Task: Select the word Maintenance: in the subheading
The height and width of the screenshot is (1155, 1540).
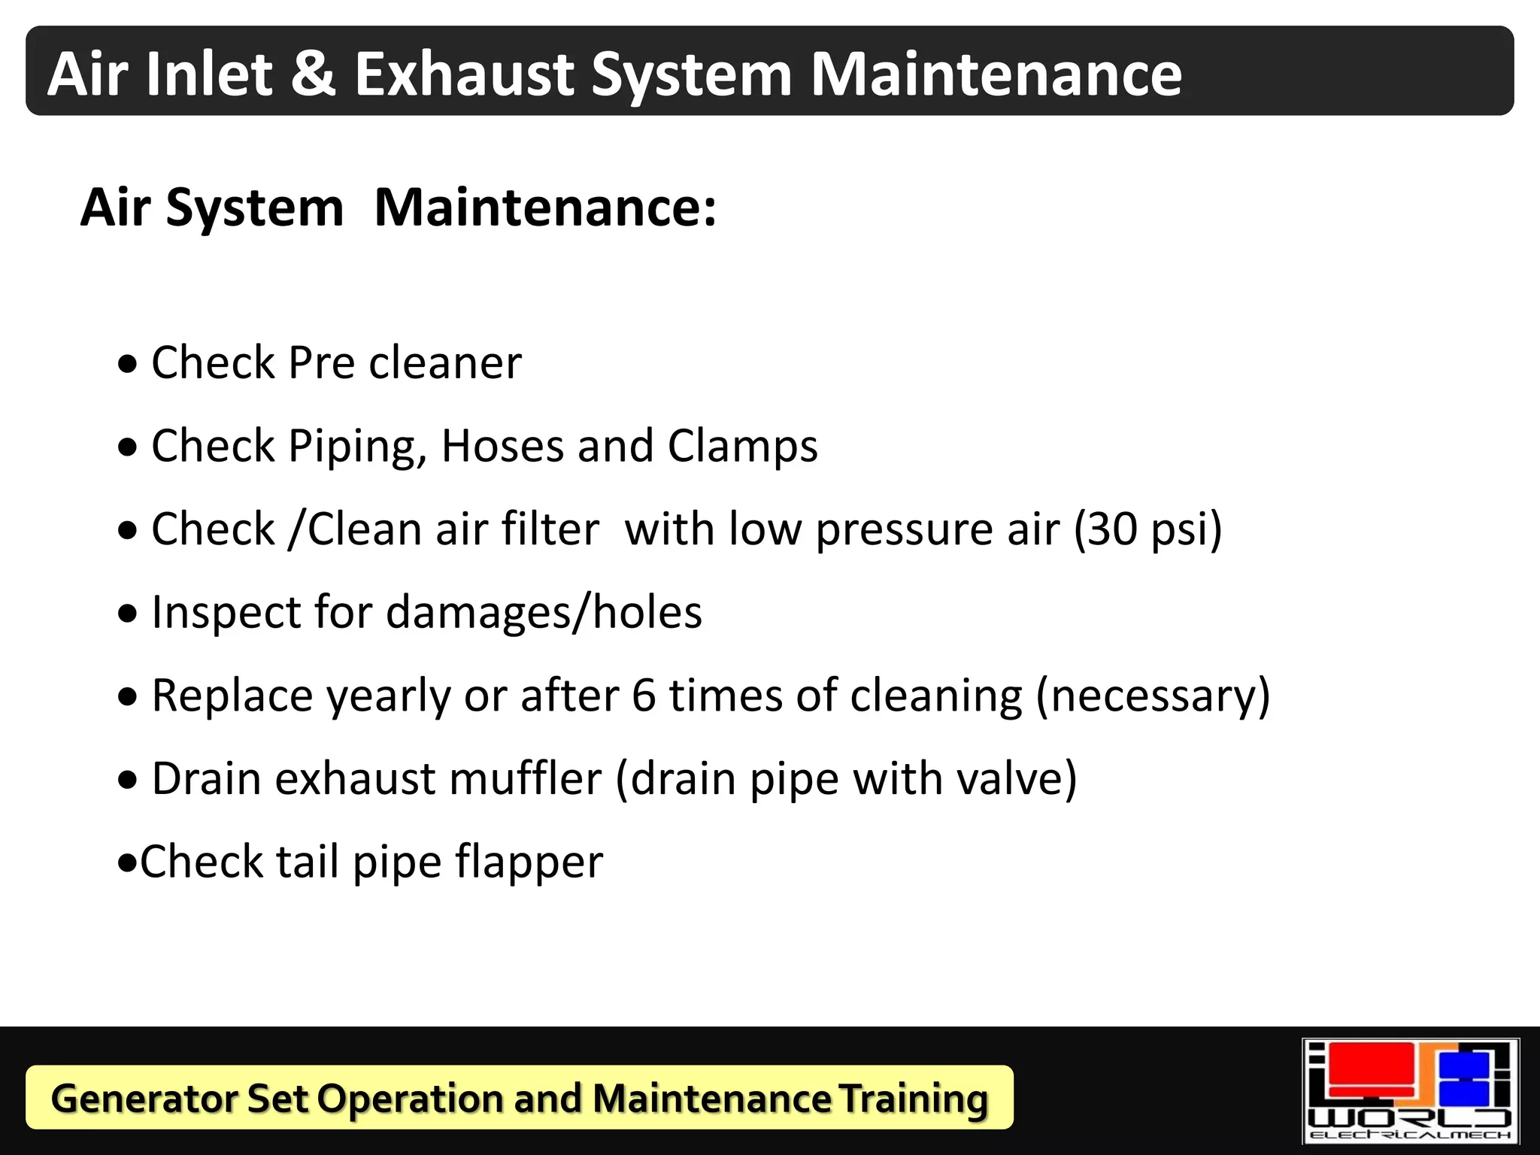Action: click(x=545, y=208)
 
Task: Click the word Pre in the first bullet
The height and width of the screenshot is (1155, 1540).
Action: click(x=321, y=362)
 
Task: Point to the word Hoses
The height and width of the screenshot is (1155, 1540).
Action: click(x=502, y=446)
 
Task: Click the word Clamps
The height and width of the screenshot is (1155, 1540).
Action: click(x=742, y=446)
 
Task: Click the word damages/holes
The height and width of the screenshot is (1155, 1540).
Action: click(x=544, y=612)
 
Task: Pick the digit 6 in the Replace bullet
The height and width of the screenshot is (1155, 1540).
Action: click(x=644, y=695)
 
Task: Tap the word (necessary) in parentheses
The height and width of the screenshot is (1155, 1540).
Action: click(x=1153, y=696)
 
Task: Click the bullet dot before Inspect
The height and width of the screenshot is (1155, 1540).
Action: click(x=129, y=614)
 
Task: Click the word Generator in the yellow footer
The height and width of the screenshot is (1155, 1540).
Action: click(x=144, y=1099)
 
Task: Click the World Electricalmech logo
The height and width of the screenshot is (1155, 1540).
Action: click(x=1410, y=1091)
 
